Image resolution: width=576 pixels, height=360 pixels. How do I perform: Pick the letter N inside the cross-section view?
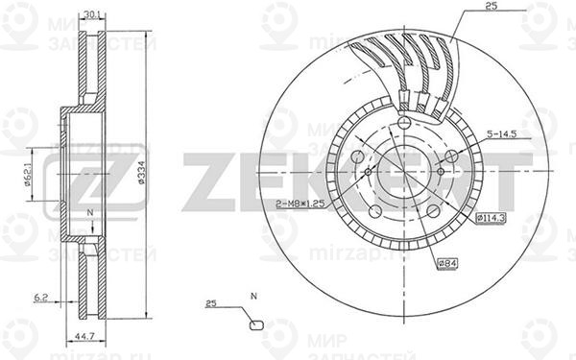click(89, 212)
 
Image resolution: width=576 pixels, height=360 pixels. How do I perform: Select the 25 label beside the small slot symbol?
click(211, 303)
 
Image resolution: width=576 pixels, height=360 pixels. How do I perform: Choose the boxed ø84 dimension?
click(446, 263)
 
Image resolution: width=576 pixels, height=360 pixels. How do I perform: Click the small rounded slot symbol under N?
click(254, 324)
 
